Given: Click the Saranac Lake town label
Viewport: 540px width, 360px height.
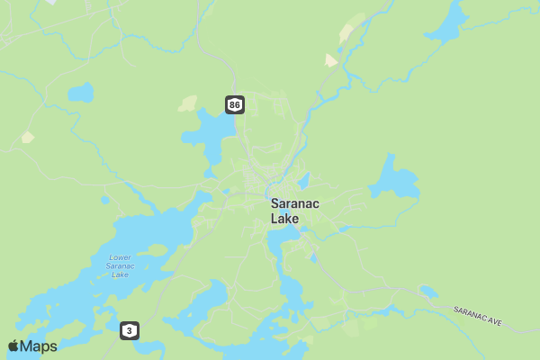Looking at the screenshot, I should tap(294, 211).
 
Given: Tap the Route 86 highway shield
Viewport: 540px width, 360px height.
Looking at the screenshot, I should tap(235, 105).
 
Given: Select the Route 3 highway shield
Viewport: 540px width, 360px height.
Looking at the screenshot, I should tap(130, 331).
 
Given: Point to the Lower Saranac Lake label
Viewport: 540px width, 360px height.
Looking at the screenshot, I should tap(119, 265).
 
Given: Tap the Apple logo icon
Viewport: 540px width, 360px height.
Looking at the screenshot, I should tap(13, 346).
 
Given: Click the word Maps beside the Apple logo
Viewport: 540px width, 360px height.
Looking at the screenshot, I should tap(39, 346).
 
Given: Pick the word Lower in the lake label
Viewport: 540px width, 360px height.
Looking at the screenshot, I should tap(120, 256).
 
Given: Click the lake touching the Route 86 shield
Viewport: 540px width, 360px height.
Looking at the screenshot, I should tap(209, 130).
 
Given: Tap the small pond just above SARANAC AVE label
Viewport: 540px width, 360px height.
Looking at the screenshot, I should tap(428, 292).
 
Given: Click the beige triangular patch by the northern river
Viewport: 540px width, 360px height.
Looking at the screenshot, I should tap(331, 60).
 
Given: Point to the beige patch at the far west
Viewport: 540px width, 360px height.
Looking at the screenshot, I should tap(28, 138).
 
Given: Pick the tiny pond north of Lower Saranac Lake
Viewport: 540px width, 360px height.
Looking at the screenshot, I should tap(105, 200).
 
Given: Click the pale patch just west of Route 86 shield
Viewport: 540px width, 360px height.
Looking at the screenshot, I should tap(187, 103).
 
